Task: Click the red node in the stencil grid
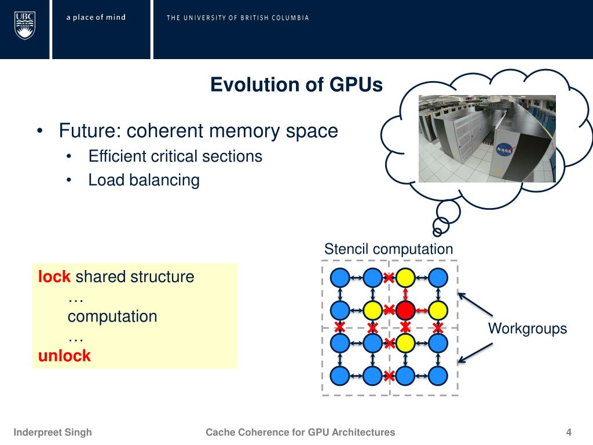coord(406,310)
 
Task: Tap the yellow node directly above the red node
coord(406,278)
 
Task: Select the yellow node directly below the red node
coord(406,343)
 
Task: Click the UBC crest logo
coord(25,26)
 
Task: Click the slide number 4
coord(569,432)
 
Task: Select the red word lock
coord(54,277)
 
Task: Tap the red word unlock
coord(64,355)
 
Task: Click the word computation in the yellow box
coord(112,316)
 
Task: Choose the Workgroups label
coord(527,329)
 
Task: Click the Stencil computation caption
coord(388,249)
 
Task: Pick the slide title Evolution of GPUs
coord(296,85)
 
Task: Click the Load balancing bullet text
coord(144,180)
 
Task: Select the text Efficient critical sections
coord(175,156)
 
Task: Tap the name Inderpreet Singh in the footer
coord(53,432)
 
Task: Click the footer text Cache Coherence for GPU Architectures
coord(301,432)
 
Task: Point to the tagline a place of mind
coord(96,17)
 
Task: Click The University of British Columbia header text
coord(237,17)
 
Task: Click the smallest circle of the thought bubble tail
coord(437,232)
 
